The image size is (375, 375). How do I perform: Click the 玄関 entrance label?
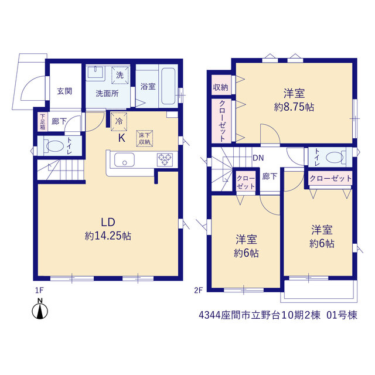(x=64, y=91)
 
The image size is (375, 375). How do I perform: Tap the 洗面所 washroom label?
(x=107, y=93)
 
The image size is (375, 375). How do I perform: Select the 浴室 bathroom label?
(x=148, y=86)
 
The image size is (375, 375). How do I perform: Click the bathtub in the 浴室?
(x=168, y=86)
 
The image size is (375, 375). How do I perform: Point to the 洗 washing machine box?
(x=120, y=75)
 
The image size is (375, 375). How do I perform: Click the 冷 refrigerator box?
(x=119, y=121)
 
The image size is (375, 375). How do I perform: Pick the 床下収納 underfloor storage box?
(x=145, y=138)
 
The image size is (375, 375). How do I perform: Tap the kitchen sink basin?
(x=124, y=160)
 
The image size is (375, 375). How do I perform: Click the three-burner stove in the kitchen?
(x=165, y=159)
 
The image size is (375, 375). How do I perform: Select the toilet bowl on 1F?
(x=54, y=146)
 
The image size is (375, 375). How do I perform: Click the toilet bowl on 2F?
(x=335, y=158)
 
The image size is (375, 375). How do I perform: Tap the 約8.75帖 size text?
(x=294, y=107)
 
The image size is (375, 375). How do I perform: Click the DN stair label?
(x=258, y=158)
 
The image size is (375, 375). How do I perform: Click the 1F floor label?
(x=39, y=291)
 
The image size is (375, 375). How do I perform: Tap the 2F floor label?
(x=198, y=291)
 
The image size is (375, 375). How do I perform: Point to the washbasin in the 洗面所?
(x=96, y=72)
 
